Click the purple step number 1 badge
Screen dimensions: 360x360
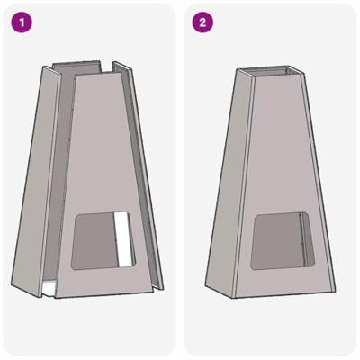pos(22,22)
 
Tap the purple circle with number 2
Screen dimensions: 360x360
pos(202,22)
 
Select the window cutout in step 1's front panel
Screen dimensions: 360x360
pos(103,241)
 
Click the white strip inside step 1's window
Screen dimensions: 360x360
pos(123,240)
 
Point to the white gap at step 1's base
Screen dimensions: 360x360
pos(48,289)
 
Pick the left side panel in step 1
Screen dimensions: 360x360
pos(36,180)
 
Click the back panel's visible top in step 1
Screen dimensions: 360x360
pos(76,67)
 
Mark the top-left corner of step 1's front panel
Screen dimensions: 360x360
pos(76,76)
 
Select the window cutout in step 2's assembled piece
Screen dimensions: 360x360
pos(283,241)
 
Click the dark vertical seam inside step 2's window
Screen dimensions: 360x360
pos(301,240)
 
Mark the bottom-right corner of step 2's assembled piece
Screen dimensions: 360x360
pos(335,290)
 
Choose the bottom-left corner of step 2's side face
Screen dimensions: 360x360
pos(205,284)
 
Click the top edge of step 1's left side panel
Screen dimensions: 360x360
pos(51,70)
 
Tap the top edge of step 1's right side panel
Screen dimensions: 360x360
pos(122,67)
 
